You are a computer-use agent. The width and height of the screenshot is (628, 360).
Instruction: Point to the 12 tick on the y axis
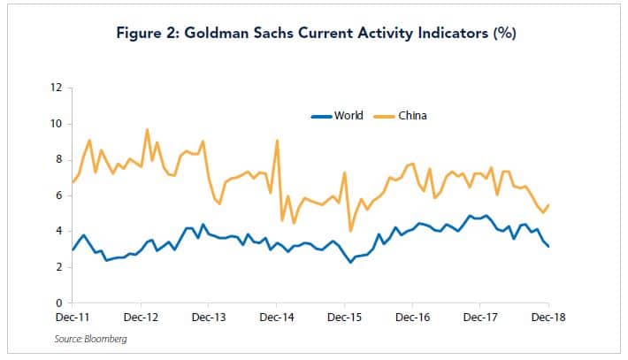57,88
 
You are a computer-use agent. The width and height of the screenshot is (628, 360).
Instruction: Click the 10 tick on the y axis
57,124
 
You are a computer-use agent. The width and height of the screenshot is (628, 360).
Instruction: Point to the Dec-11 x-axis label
73,315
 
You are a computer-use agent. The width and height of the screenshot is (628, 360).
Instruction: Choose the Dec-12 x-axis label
141,315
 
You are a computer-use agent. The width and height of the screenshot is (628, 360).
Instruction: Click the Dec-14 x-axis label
277,315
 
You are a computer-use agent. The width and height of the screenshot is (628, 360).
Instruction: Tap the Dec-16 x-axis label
412,315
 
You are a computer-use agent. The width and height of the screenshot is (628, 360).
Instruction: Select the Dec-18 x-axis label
548,315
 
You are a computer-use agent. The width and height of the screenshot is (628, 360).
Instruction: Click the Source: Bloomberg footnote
91,338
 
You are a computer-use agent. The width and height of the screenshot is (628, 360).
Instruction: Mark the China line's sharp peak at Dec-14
278,141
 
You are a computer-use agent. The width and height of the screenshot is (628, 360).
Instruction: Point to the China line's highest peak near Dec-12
147,130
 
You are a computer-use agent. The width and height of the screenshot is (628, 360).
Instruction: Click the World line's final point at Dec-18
548,247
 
